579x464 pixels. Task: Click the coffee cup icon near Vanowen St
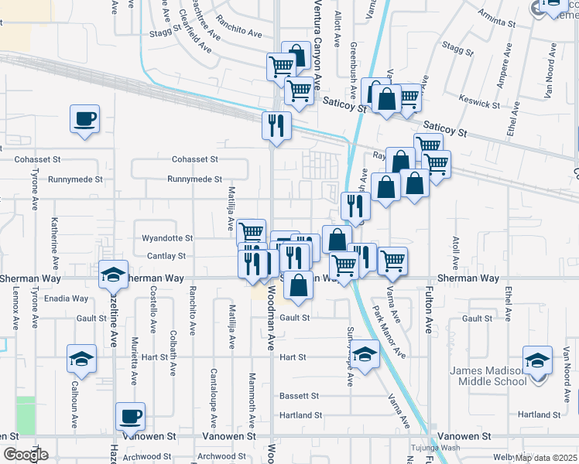(130, 417)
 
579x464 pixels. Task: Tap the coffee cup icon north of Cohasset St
(85, 119)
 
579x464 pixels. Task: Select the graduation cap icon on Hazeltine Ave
(114, 274)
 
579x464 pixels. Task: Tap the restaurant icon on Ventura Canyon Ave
(276, 125)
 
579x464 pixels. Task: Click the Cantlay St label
(165, 256)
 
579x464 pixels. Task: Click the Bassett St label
(300, 395)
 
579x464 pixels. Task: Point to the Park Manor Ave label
(389, 332)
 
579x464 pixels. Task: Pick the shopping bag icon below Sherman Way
(299, 285)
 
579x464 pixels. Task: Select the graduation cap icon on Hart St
(366, 353)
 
